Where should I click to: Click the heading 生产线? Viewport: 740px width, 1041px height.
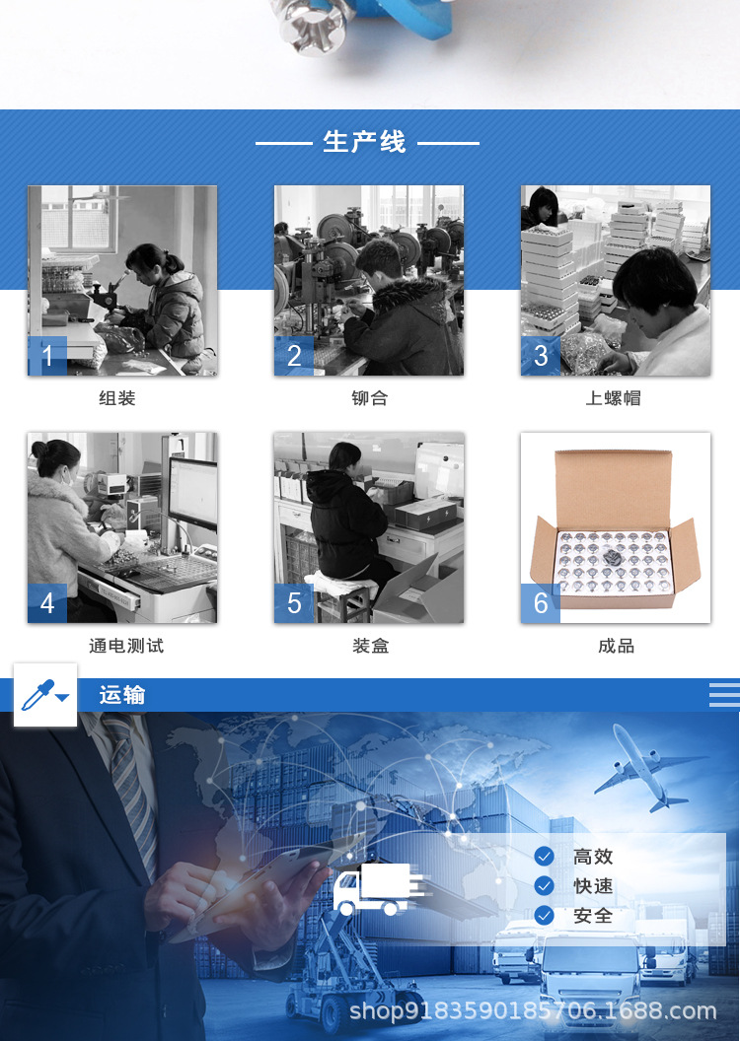pos(364,142)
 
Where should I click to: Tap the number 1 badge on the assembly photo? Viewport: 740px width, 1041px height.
pos(47,356)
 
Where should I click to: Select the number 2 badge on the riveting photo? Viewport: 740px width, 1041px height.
pos(294,356)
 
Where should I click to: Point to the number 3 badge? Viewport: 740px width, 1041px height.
pos(541,356)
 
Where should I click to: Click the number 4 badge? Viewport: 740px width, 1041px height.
pos(47,602)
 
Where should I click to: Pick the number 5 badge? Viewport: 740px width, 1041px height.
pos(294,602)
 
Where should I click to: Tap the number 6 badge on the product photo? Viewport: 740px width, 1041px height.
pos(541,602)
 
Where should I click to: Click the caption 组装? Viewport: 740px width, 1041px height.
pos(117,398)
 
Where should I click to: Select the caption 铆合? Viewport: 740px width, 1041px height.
pos(369,398)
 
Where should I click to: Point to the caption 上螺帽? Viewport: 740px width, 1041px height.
pos(614,398)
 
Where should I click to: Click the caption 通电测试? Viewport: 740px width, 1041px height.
pos(126,646)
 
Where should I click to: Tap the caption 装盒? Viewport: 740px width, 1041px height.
pos(369,646)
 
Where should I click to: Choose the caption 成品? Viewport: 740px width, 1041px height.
pos(616,646)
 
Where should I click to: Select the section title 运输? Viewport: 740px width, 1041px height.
pos(121,695)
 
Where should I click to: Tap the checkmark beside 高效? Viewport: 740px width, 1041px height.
pos(544,857)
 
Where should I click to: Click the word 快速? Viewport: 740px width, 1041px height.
pos(593,886)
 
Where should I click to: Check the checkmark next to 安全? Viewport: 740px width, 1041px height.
pos(544,916)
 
